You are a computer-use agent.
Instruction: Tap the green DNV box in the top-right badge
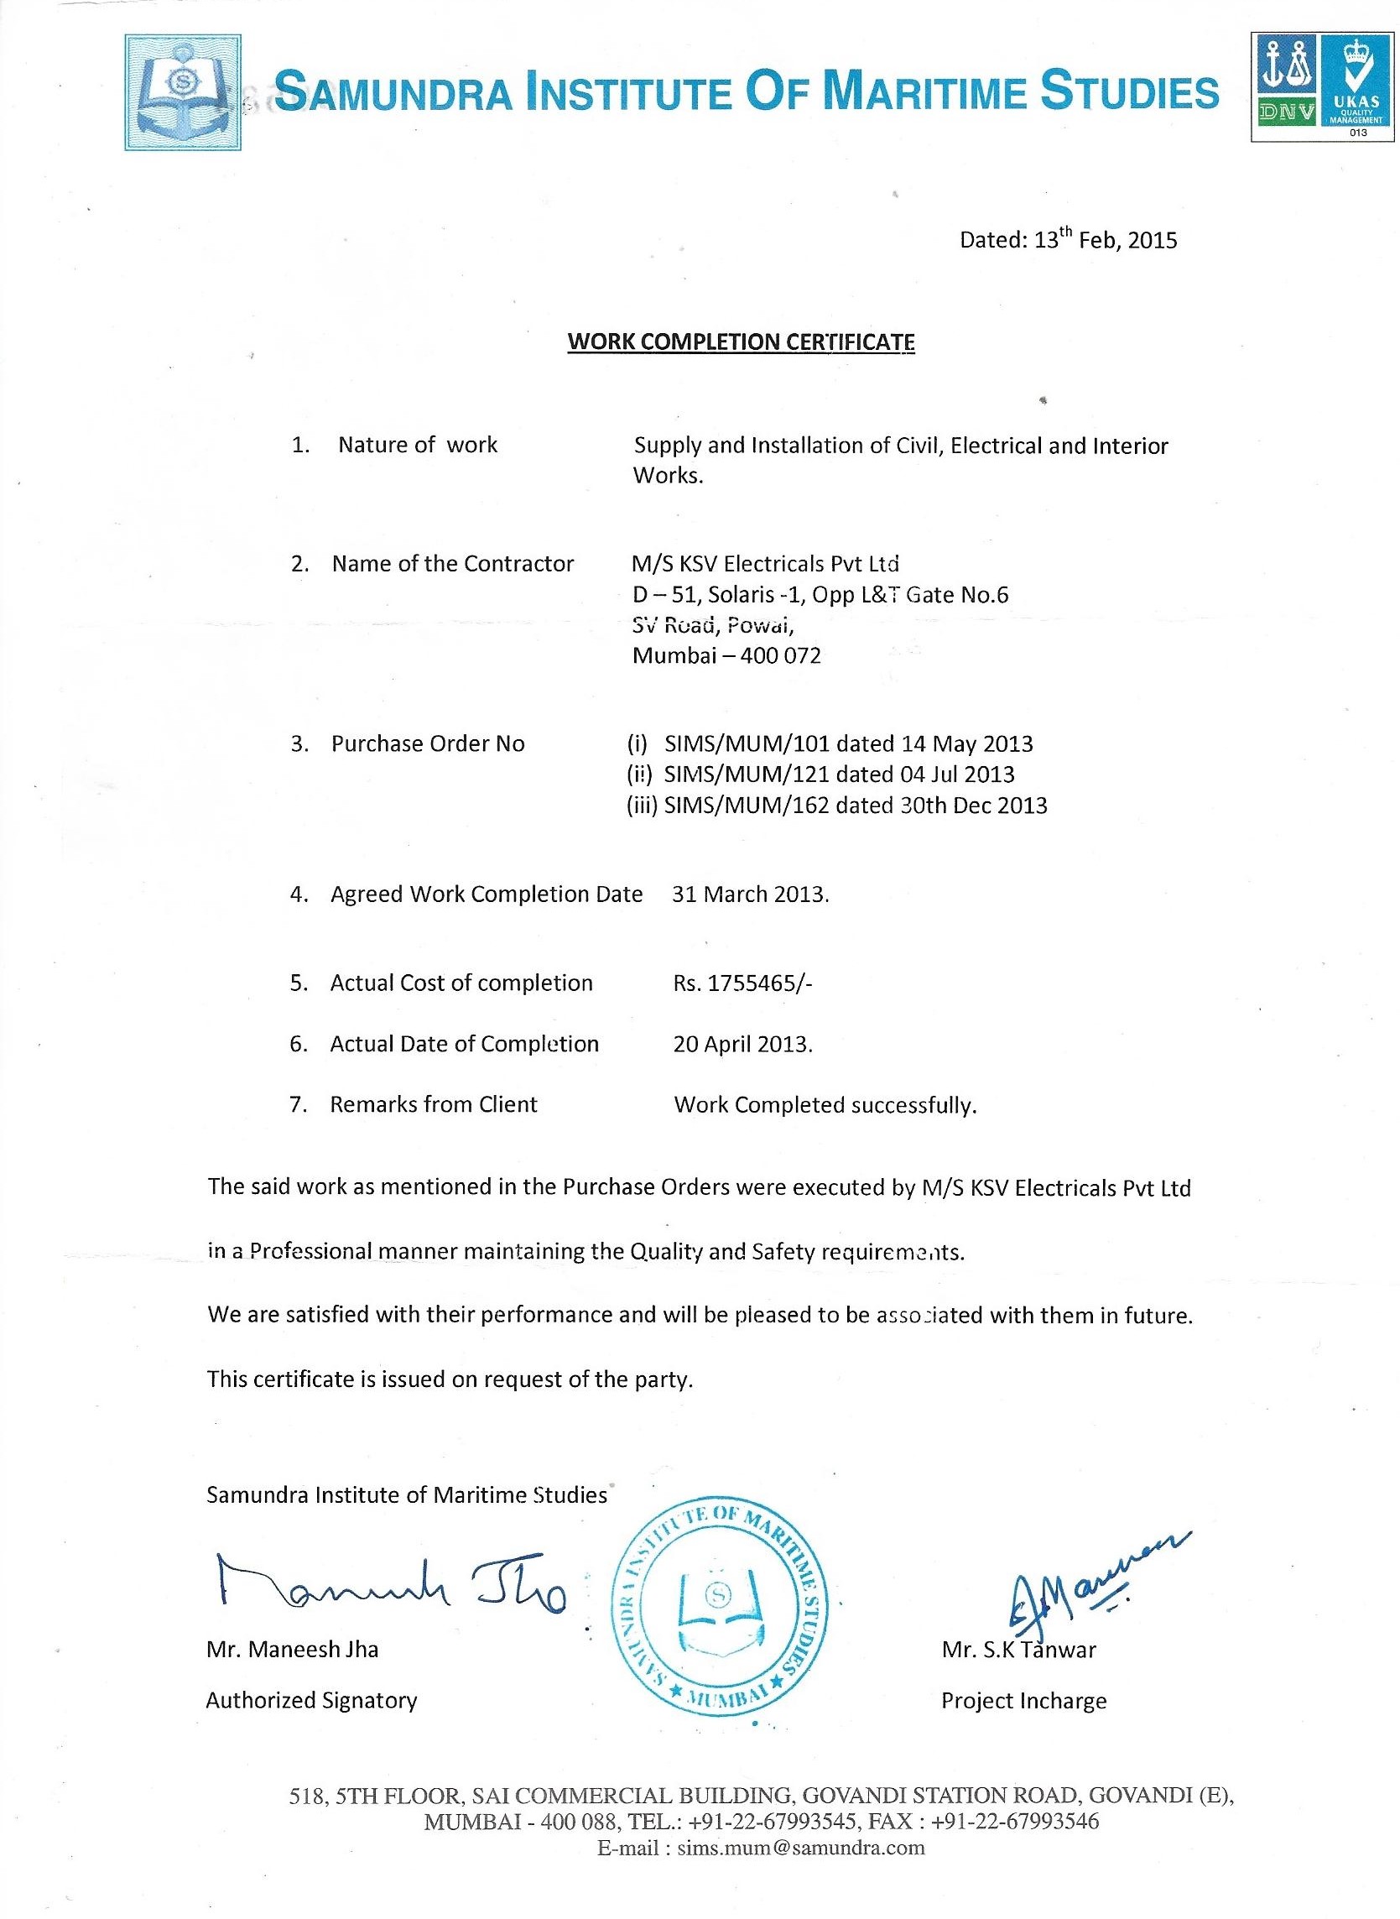coord(1286,109)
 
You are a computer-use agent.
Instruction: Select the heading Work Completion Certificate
coord(741,342)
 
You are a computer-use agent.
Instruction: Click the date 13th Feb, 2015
coord(1106,240)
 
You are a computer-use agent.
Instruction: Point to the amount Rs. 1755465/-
coord(742,983)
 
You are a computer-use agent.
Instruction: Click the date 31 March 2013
coord(750,894)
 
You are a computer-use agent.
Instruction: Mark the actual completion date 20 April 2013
coord(742,1045)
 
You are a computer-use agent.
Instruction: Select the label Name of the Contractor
coord(452,564)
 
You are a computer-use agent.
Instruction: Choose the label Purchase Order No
coord(428,744)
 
